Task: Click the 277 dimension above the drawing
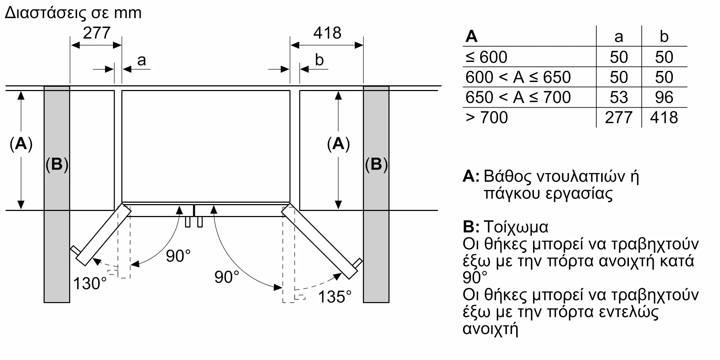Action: [x=96, y=33]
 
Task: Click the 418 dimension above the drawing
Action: [x=327, y=33]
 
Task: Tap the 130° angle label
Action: [x=90, y=283]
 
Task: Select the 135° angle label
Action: [x=335, y=297]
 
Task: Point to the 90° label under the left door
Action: [x=178, y=256]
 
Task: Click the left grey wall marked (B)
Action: [x=57, y=194]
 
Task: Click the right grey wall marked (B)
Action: [x=376, y=194]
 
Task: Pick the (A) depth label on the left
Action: [x=21, y=144]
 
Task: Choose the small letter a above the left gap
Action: [x=141, y=60]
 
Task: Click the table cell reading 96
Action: [x=664, y=97]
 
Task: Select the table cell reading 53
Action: [x=619, y=97]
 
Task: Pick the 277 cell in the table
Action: [x=618, y=117]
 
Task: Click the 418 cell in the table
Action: [x=664, y=117]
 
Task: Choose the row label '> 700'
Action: [x=486, y=117]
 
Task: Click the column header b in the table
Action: [x=664, y=36]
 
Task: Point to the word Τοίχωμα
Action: [x=516, y=227]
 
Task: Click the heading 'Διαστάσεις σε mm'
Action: [x=73, y=13]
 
